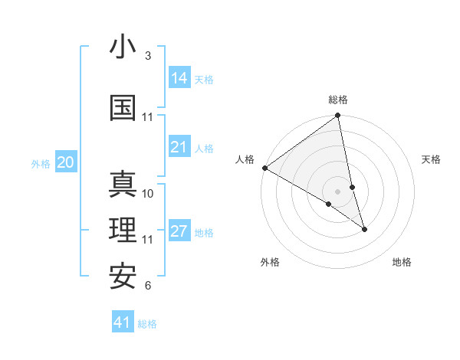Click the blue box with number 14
coord(179,77)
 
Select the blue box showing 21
coord(179,147)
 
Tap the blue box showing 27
coord(179,231)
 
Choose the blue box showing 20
coord(66,162)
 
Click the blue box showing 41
coord(123,322)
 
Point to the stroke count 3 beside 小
coord(148,56)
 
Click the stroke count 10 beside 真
coord(148,193)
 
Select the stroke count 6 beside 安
coord(148,286)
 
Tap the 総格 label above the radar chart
coord(338,100)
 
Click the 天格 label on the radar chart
coord(432,159)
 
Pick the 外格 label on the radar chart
coord(270,262)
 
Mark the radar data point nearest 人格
coord(264,168)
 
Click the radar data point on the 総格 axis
coord(338,116)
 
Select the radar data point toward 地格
coord(364,229)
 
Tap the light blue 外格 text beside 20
coord(41,163)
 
